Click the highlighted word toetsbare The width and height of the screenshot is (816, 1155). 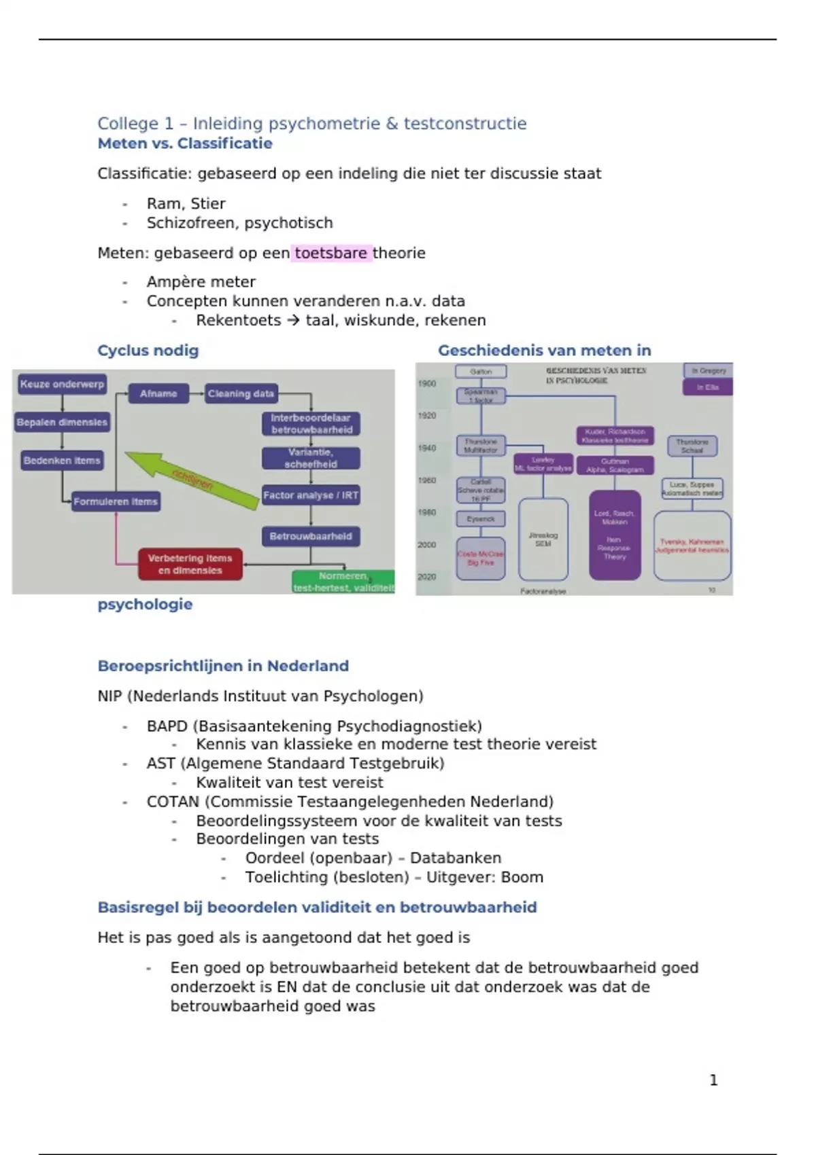[x=331, y=253]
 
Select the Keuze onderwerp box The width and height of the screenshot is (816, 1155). [x=62, y=385]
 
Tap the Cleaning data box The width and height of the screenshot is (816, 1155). [x=241, y=394]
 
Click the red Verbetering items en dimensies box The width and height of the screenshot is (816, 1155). [x=190, y=565]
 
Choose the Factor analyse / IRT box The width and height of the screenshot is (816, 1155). [x=311, y=495]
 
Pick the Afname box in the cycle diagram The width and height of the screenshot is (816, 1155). [x=158, y=394]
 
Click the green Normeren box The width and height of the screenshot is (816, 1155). [x=343, y=582]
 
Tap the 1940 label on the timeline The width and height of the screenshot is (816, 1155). [x=427, y=448]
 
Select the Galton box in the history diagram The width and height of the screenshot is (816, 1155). [x=481, y=372]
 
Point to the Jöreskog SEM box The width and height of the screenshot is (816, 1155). [x=543, y=539]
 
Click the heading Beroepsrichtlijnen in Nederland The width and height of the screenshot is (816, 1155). [x=223, y=666]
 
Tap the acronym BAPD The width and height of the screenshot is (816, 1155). [x=167, y=726]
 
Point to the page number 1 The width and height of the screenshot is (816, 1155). [x=713, y=1080]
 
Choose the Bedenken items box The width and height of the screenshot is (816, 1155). [x=62, y=461]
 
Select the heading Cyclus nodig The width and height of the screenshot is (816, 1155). [x=148, y=351]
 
